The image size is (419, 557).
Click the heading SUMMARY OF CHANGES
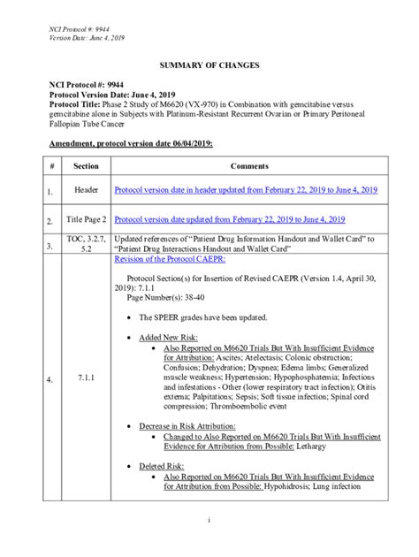pyautogui.click(x=209, y=66)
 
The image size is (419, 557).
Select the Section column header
pyautogui.click(x=86, y=166)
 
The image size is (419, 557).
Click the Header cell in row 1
pyautogui.click(x=86, y=190)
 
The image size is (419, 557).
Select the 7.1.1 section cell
pyautogui.click(x=86, y=378)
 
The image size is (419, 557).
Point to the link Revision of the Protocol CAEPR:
pyautogui.click(x=170, y=260)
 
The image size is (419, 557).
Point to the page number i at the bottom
pyautogui.click(x=209, y=519)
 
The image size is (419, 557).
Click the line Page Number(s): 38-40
pyautogui.click(x=169, y=300)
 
